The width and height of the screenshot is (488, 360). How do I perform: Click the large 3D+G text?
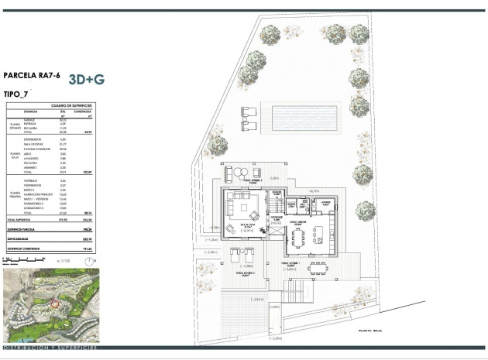point(87,79)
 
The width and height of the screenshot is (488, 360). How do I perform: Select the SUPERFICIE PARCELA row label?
point(23,229)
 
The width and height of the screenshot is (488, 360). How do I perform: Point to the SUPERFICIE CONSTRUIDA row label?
point(26,249)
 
